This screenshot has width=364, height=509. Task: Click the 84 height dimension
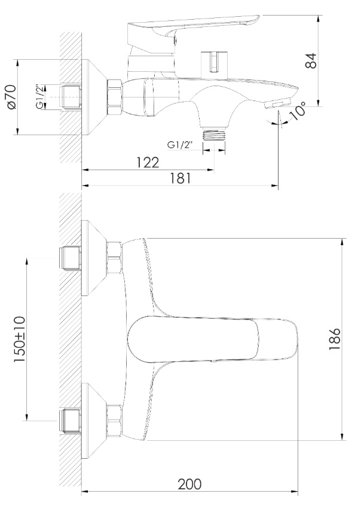tap(311, 60)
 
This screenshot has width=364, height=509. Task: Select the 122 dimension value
tap(147, 162)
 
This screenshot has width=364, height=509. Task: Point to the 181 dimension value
tap(179, 178)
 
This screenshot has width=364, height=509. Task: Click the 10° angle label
tap(298, 110)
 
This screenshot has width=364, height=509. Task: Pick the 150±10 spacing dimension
tap(19, 339)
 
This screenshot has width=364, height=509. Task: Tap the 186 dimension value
tap(334, 339)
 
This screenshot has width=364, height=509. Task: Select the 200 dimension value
tap(189, 484)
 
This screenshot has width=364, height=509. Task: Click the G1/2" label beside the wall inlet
tap(40, 96)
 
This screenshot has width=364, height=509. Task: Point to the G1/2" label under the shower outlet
tap(180, 145)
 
